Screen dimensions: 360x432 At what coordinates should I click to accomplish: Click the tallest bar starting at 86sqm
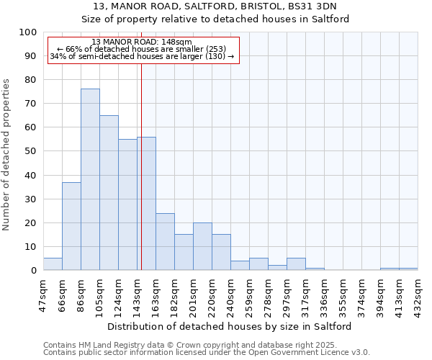(x=90, y=179)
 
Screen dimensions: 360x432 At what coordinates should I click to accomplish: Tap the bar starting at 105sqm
(x=109, y=192)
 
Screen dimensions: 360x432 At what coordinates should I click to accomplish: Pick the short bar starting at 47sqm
(x=53, y=264)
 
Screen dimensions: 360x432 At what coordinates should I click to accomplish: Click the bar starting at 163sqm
(x=165, y=241)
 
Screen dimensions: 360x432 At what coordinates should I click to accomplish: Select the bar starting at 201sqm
(x=202, y=246)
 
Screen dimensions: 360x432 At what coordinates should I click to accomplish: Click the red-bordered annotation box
(x=143, y=50)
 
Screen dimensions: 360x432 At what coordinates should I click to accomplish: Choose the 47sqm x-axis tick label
(x=44, y=292)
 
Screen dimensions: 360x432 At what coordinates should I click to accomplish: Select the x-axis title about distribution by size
(x=230, y=326)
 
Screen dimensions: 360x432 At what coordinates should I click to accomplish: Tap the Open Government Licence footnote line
(x=207, y=353)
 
